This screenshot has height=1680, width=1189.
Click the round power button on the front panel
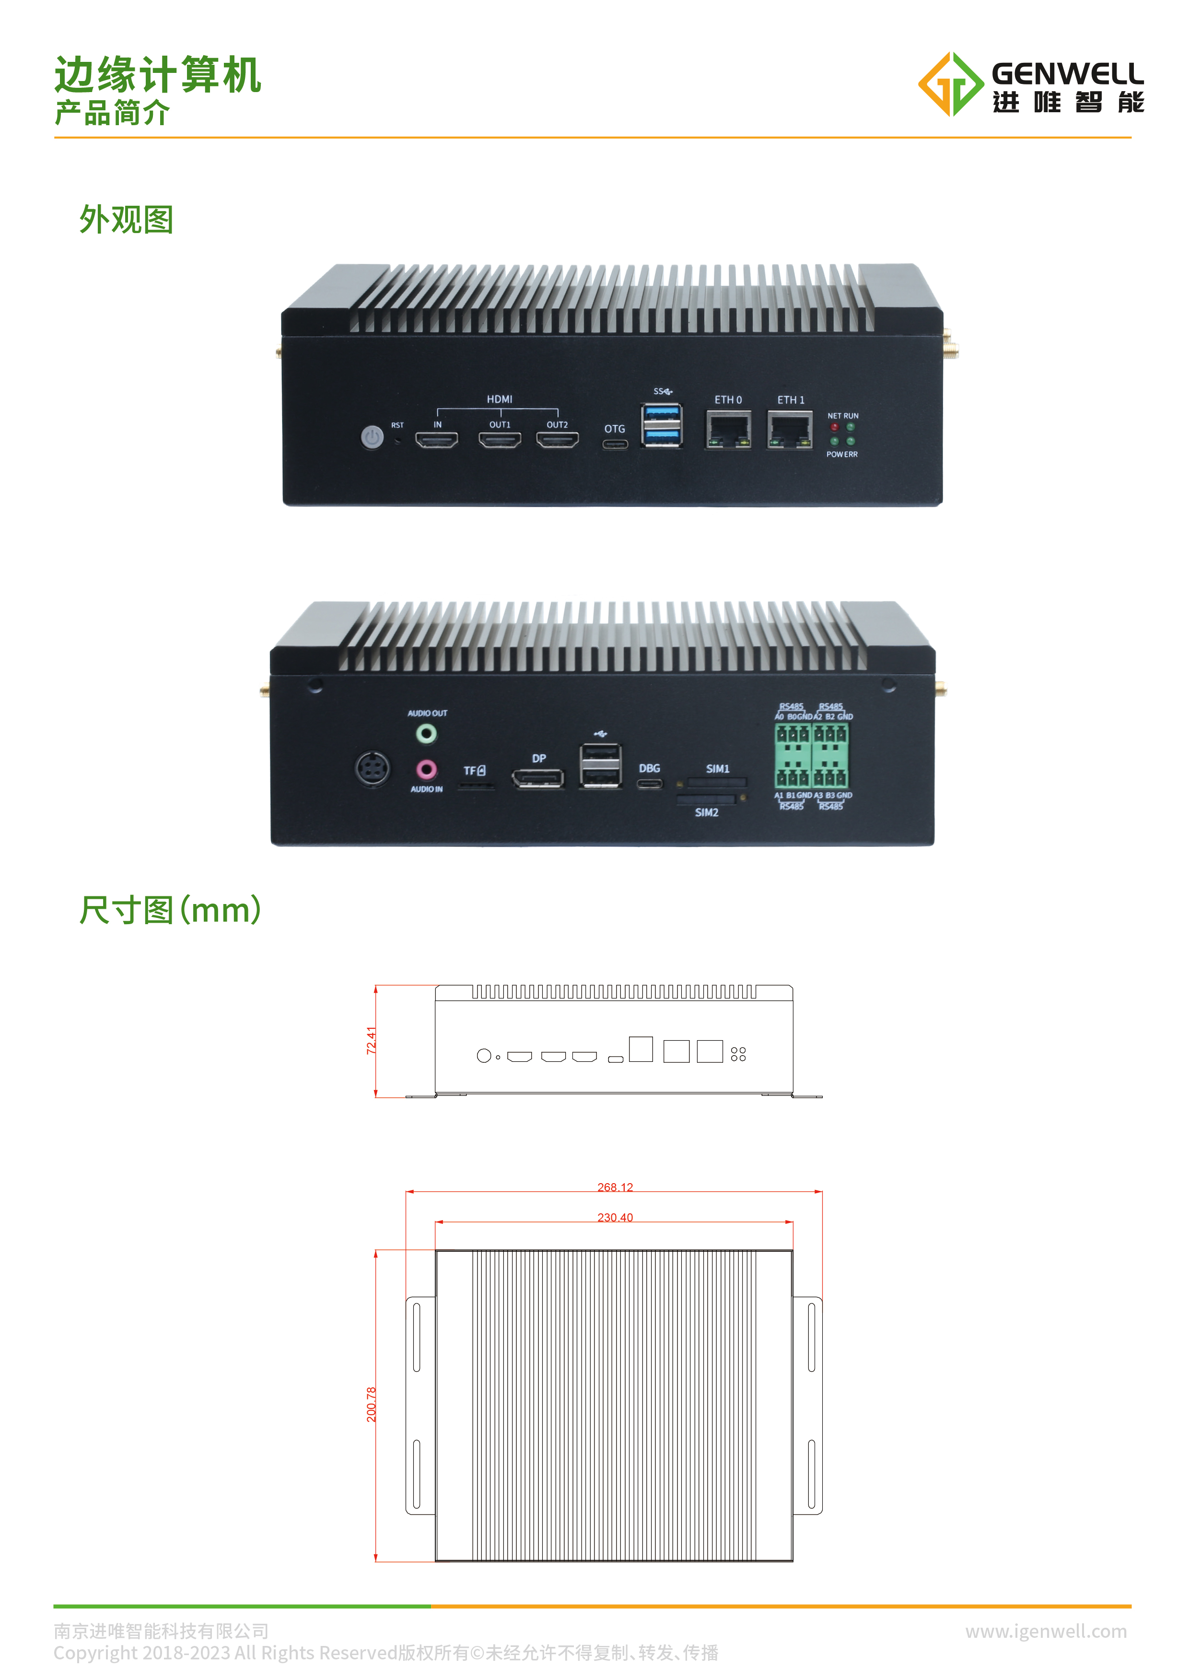(x=372, y=438)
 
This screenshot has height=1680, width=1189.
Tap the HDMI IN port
(x=436, y=439)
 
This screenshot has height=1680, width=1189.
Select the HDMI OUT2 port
(x=557, y=439)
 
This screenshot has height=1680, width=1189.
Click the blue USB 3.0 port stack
(x=662, y=425)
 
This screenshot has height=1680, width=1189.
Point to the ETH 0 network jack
(x=728, y=429)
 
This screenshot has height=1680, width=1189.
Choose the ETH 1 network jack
(x=789, y=429)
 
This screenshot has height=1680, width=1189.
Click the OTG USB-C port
(x=615, y=444)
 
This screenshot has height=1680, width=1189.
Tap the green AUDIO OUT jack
(x=426, y=733)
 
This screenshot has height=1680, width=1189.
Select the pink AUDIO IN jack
(x=426, y=769)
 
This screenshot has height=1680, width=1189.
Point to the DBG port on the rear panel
(x=650, y=784)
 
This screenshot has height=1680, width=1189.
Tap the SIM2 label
(x=707, y=812)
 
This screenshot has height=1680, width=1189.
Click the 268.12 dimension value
(x=615, y=1187)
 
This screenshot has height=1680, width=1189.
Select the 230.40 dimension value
(x=615, y=1217)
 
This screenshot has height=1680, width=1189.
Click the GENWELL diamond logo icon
(x=950, y=84)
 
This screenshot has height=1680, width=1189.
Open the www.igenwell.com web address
(x=1046, y=1631)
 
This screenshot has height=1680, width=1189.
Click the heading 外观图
(x=126, y=220)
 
